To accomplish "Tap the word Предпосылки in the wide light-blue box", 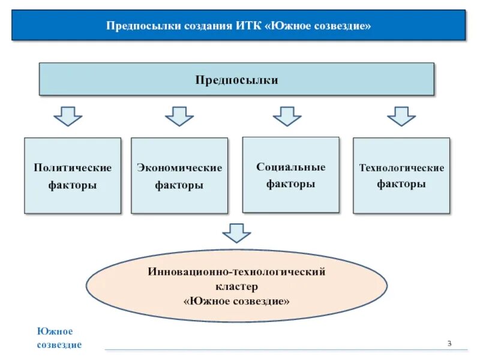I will pyautogui.click(x=236, y=80).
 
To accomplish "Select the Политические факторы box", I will pyautogui.click(x=73, y=176).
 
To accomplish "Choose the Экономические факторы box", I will pyautogui.click(x=179, y=176).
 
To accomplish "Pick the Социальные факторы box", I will pyautogui.click(x=291, y=175).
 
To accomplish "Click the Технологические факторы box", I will pyautogui.click(x=401, y=176).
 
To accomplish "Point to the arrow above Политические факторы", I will pyautogui.click(x=68, y=116).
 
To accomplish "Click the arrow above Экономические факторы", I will pyautogui.click(x=179, y=116).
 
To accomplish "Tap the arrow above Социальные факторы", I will pyautogui.click(x=287, y=116).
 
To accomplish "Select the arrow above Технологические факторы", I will pyautogui.click(x=401, y=116).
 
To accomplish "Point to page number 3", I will pyautogui.click(x=448, y=343).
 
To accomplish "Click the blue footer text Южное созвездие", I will pyautogui.click(x=59, y=338).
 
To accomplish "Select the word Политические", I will pyautogui.click(x=73, y=168).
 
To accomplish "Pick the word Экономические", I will pyautogui.click(x=179, y=168).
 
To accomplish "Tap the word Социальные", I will pyautogui.click(x=291, y=167).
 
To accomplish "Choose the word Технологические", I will pyautogui.click(x=401, y=168).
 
